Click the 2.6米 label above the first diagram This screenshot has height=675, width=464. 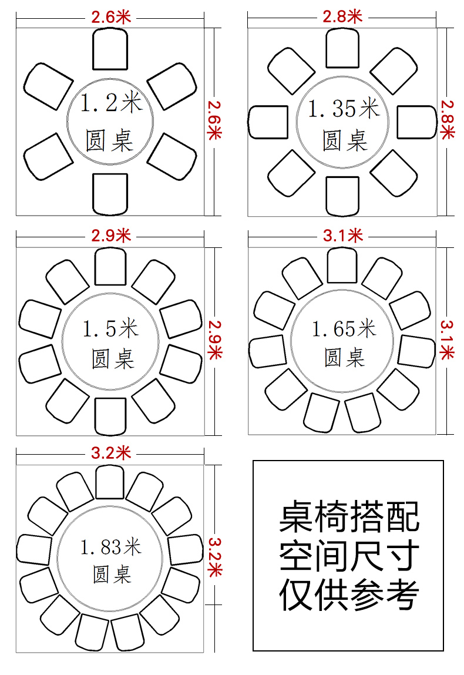coord(110,18)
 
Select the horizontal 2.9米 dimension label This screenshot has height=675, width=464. coord(110,236)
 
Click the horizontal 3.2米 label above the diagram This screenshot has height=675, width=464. coord(110,453)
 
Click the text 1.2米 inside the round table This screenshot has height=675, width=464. coord(110,104)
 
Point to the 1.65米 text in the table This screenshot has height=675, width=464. coord(344,329)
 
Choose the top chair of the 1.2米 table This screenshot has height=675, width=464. coord(110,49)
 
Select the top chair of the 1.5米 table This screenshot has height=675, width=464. coord(110,267)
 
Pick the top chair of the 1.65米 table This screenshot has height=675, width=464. coord(342,266)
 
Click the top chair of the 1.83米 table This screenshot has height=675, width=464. coord(109,482)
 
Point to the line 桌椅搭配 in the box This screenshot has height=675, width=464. coord(348,516)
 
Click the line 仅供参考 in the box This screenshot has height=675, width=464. coord(348,595)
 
